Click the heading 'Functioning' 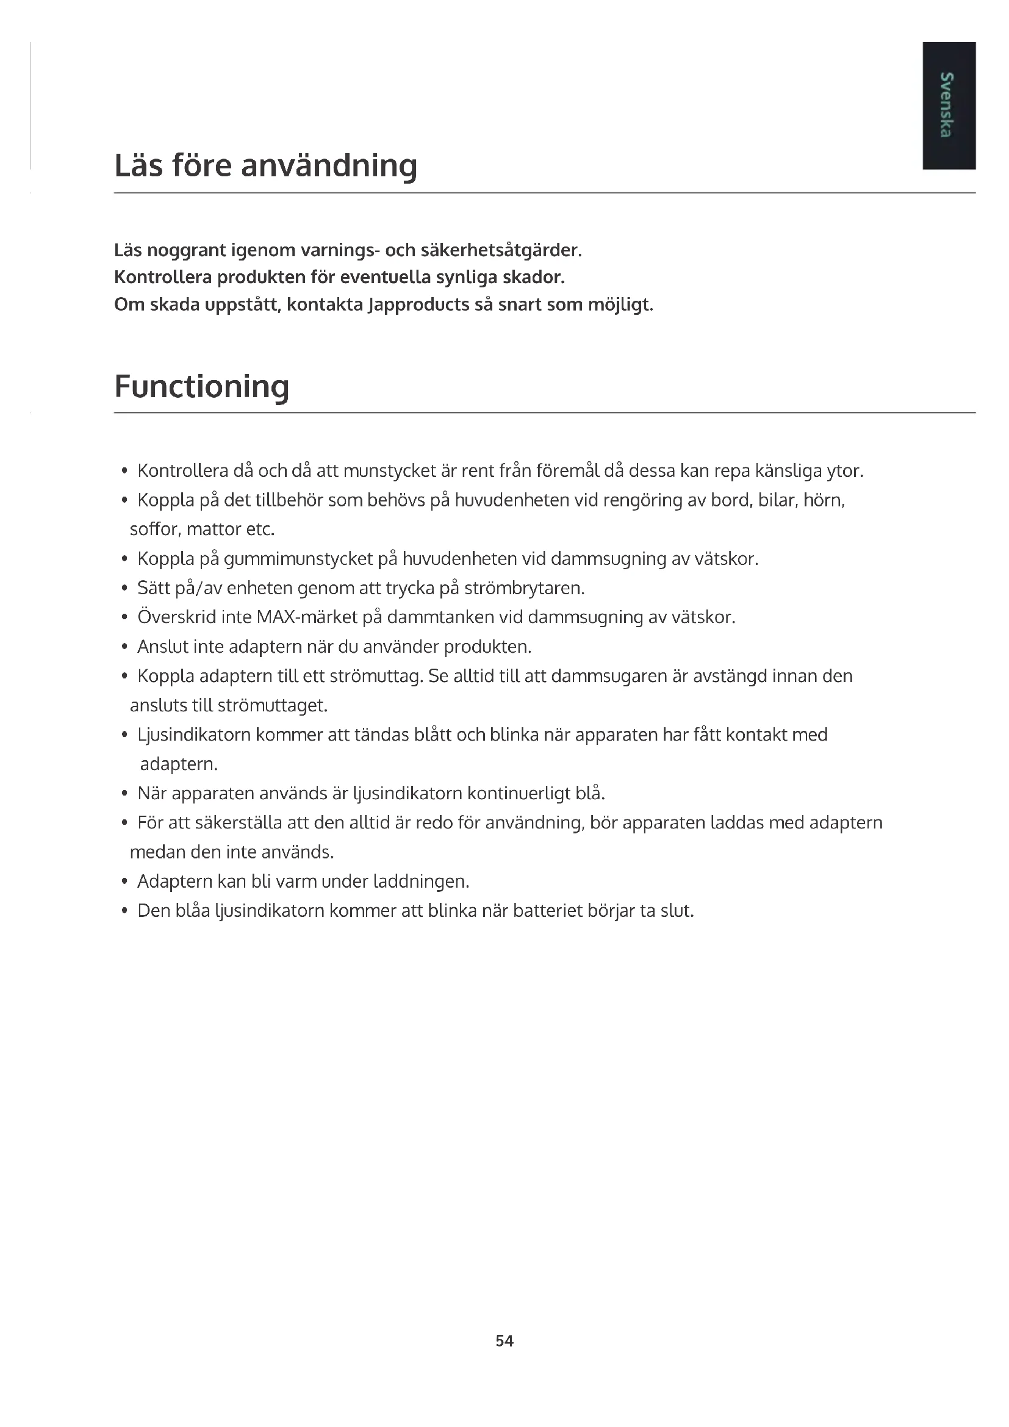point(202,387)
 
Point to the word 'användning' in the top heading point(329,166)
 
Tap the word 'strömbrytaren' point(525,588)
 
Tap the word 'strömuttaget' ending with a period point(273,705)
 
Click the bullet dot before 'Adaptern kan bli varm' point(125,882)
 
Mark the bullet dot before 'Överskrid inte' point(125,618)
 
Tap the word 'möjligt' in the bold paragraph point(620,305)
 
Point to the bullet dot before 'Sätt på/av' point(125,589)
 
